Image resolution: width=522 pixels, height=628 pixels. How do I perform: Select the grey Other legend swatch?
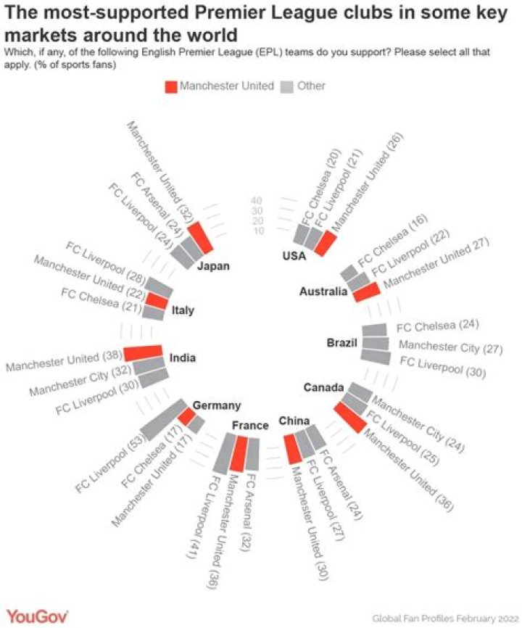(286, 87)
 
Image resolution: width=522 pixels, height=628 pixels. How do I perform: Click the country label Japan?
(213, 266)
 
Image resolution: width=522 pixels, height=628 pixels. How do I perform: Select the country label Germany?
(217, 405)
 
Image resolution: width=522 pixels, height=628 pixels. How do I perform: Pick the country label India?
(183, 358)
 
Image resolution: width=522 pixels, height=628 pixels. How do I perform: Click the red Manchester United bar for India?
(143, 352)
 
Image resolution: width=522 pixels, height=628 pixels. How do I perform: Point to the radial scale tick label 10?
(258, 231)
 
